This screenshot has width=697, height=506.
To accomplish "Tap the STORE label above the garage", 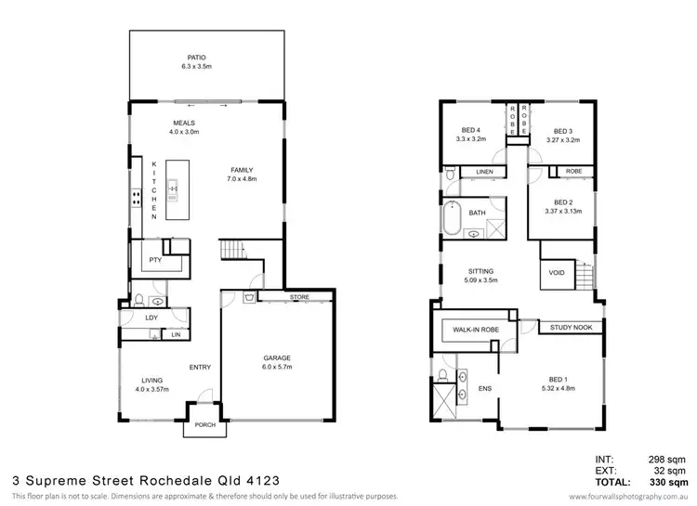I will pyautogui.click(x=300, y=297).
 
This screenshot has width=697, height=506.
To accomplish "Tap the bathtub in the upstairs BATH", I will pyautogui.click(x=454, y=216).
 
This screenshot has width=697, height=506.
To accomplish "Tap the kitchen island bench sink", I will pyautogui.click(x=174, y=188).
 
